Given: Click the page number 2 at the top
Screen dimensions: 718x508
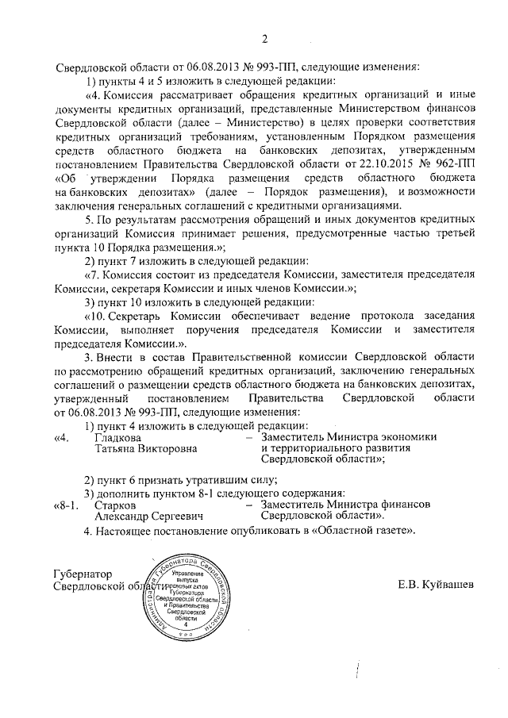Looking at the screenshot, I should [x=265, y=39].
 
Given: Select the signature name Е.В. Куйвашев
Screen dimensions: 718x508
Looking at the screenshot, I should [x=436, y=585].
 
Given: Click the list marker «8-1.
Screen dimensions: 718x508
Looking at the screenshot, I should [x=66, y=505].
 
